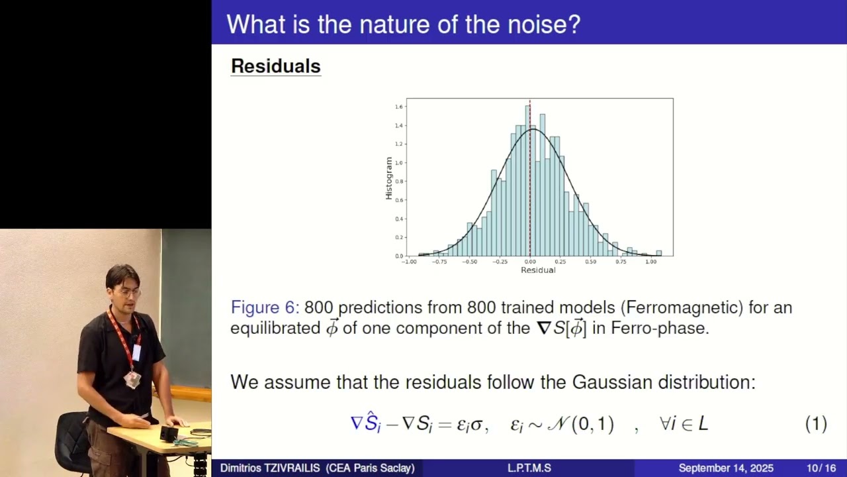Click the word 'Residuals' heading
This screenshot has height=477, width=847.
click(275, 66)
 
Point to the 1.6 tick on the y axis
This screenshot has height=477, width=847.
click(399, 107)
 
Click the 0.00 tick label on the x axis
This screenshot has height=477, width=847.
click(530, 262)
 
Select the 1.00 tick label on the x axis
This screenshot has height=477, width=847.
click(651, 262)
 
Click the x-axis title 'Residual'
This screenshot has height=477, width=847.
click(538, 270)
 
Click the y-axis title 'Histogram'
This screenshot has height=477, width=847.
click(389, 178)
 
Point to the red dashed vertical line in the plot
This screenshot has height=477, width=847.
click(530, 199)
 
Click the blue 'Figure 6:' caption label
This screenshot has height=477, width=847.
click(265, 307)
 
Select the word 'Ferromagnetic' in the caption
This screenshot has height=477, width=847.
click(680, 307)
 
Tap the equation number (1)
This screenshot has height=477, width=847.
click(816, 424)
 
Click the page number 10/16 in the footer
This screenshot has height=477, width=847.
click(821, 468)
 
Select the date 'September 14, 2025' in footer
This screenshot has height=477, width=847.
click(726, 468)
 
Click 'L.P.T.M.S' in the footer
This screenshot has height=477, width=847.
click(529, 468)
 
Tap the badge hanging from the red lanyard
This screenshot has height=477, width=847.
click(133, 379)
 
